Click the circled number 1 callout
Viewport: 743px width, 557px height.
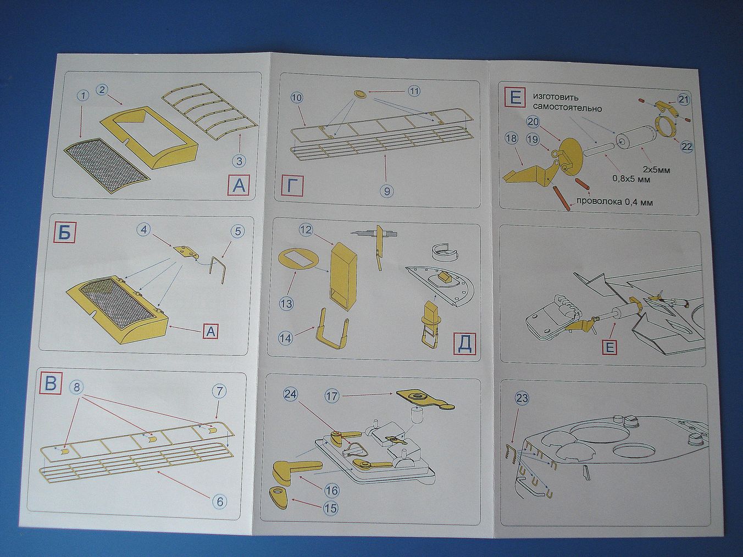[x=82, y=96]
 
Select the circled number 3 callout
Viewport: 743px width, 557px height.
[x=239, y=161]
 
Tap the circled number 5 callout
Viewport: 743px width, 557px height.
[x=238, y=231]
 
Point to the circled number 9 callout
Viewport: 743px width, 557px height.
[x=387, y=191]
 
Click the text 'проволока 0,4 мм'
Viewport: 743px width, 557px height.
[x=614, y=202]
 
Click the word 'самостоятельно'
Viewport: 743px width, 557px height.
[x=567, y=108]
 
